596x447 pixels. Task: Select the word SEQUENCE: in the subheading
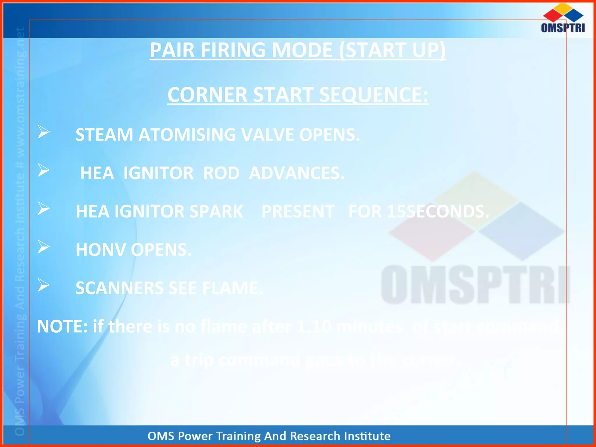[x=374, y=95]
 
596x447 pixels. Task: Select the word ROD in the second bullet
[x=221, y=173]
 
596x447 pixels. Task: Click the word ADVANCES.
[x=297, y=173]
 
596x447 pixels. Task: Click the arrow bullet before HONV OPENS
[x=44, y=247]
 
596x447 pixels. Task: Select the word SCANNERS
[x=119, y=288]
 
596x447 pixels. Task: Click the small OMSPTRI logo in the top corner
[x=563, y=18]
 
